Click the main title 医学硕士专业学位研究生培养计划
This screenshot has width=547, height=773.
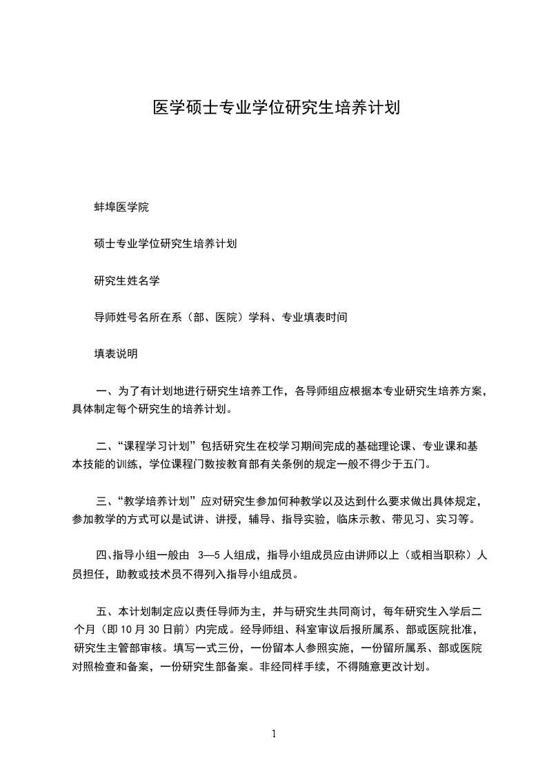click(276, 108)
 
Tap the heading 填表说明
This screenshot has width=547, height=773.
click(116, 354)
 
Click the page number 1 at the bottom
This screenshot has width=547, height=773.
click(274, 734)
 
